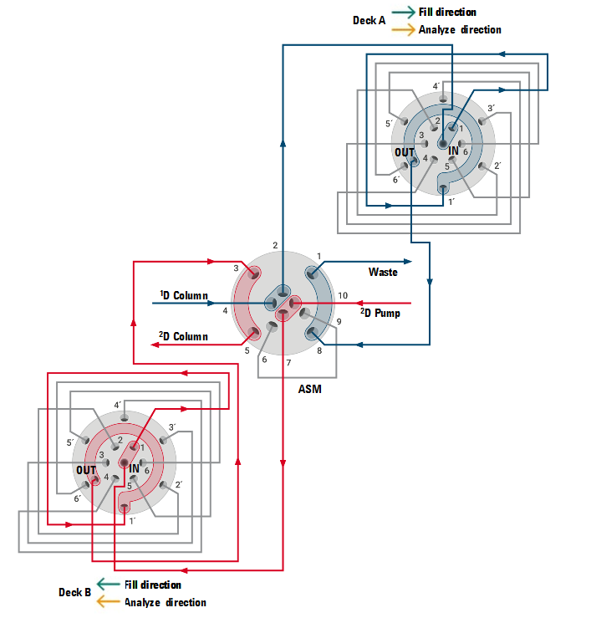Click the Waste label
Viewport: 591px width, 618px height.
383,272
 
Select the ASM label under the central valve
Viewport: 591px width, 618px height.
309,389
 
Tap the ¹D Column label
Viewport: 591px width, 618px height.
184,295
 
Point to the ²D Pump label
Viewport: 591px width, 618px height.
380,313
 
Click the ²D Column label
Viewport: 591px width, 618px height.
184,336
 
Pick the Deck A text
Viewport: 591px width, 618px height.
369,20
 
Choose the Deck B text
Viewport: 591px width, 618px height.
75,592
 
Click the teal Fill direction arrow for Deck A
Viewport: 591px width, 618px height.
403,12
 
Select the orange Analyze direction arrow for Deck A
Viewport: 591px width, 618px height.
403,30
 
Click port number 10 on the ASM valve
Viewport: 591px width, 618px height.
342,295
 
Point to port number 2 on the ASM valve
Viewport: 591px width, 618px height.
275,245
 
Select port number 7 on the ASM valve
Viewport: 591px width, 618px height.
288,362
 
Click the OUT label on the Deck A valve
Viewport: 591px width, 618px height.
405,152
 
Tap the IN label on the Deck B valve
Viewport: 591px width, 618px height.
134,468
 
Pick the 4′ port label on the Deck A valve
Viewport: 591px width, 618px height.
436,86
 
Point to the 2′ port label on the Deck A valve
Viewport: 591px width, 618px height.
497,166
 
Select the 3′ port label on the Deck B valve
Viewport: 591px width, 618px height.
172,427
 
